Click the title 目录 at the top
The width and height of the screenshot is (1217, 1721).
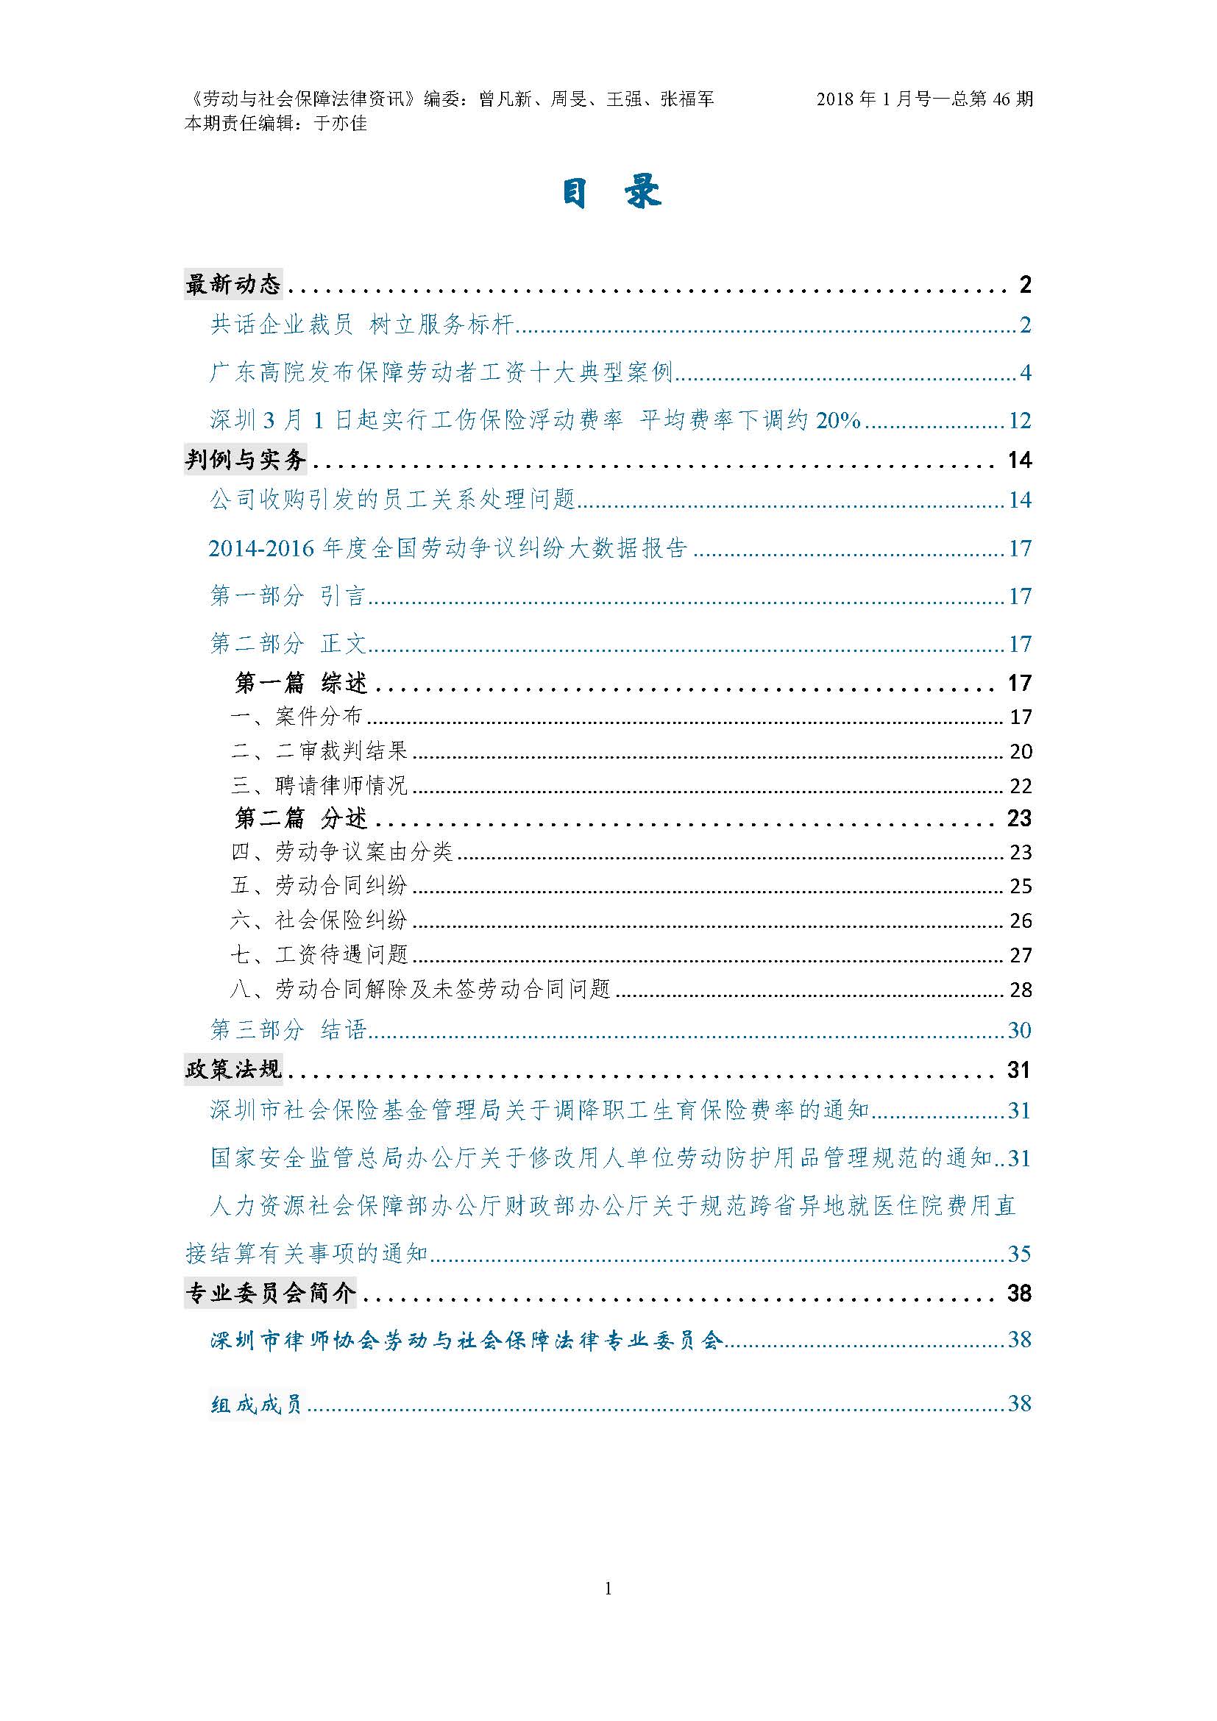click(x=611, y=193)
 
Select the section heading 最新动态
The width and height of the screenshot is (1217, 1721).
click(x=233, y=285)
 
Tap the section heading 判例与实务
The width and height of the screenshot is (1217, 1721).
click(x=246, y=459)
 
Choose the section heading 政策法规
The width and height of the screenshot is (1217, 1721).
click(x=233, y=1070)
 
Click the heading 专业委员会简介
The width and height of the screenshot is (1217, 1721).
click(x=271, y=1293)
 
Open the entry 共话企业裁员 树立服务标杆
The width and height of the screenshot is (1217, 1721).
click(x=361, y=324)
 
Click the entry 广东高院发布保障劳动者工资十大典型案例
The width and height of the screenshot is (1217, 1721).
click(x=441, y=372)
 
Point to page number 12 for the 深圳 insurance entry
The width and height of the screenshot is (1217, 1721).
click(x=1020, y=421)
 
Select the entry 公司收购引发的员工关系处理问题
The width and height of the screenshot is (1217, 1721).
click(x=392, y=500)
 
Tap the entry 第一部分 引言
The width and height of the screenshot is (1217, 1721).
click(x=288, y=596)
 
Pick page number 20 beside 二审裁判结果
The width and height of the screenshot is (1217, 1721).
click(x=1021, y=752)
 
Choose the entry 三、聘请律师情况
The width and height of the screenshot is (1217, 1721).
click(x=319, y=786)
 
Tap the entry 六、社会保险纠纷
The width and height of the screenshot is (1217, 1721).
click(x=319, y=920)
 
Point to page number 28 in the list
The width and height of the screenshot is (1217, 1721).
click(x=1021, y=990)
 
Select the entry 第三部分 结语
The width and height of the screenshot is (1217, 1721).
click(x=288, y=1030)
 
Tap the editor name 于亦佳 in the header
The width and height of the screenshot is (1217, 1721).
click(x=340, y=124)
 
